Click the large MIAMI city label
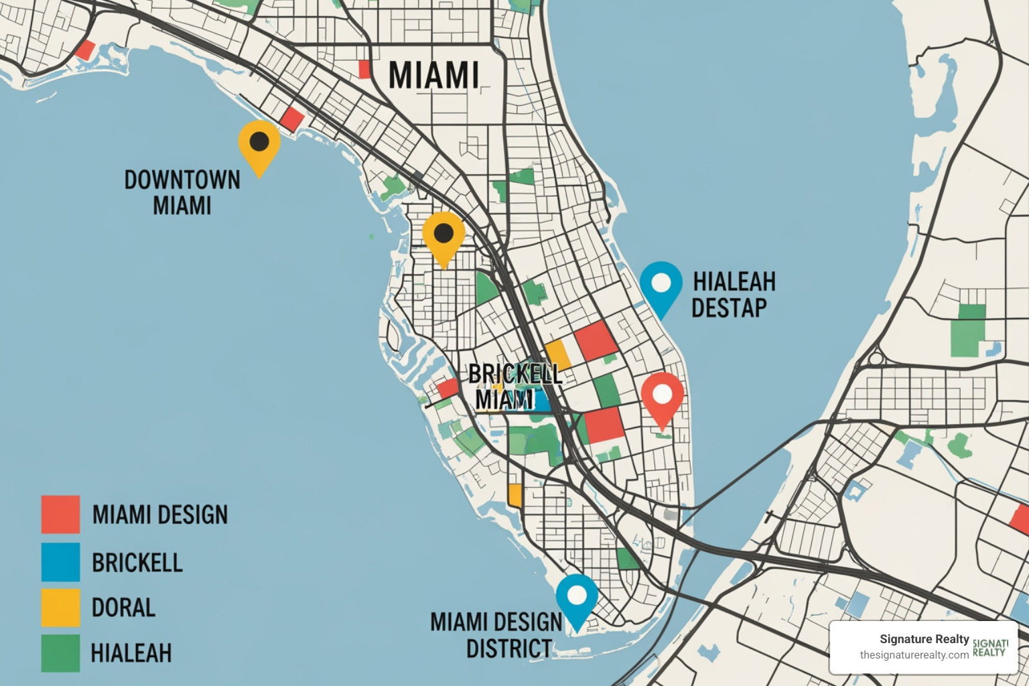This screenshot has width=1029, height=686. pos(433,75)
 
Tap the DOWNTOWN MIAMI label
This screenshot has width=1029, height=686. pos(182,192)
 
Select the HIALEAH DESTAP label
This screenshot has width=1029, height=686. pos(733,294)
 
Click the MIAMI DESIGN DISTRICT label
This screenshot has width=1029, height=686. pos(496,635)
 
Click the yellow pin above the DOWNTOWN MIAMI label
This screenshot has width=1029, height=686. pos(259,143)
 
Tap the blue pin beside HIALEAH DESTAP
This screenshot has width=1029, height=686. pos(661,284)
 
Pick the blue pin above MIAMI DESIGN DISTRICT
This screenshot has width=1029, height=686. pos(577,597)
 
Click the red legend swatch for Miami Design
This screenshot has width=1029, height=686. pos(60,514)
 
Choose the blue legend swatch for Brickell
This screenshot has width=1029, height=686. pos(60,561)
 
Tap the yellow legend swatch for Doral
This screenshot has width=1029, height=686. pos(60,607)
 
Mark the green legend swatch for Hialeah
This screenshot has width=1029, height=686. pos(60,653)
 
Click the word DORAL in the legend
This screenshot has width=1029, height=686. pos(123,608)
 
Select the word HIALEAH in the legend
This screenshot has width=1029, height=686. pos(131,653)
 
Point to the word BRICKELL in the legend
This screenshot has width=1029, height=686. pos(137,562)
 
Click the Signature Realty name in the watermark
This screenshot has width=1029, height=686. pos(924,639)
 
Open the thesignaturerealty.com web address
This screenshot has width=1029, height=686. pos(914,655)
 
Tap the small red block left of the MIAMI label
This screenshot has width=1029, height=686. pos(364,69)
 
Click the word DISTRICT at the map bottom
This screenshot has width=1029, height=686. pos(509,649)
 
